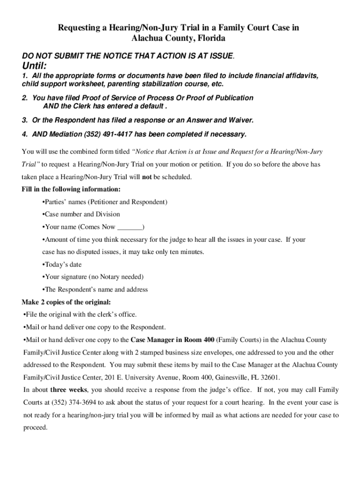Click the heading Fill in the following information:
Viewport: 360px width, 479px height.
click(71, 189)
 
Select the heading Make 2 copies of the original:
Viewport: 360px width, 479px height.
click(66, 302)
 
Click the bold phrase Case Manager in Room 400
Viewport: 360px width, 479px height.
click(173, 340)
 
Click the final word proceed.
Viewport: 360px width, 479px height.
click(35, 428)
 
